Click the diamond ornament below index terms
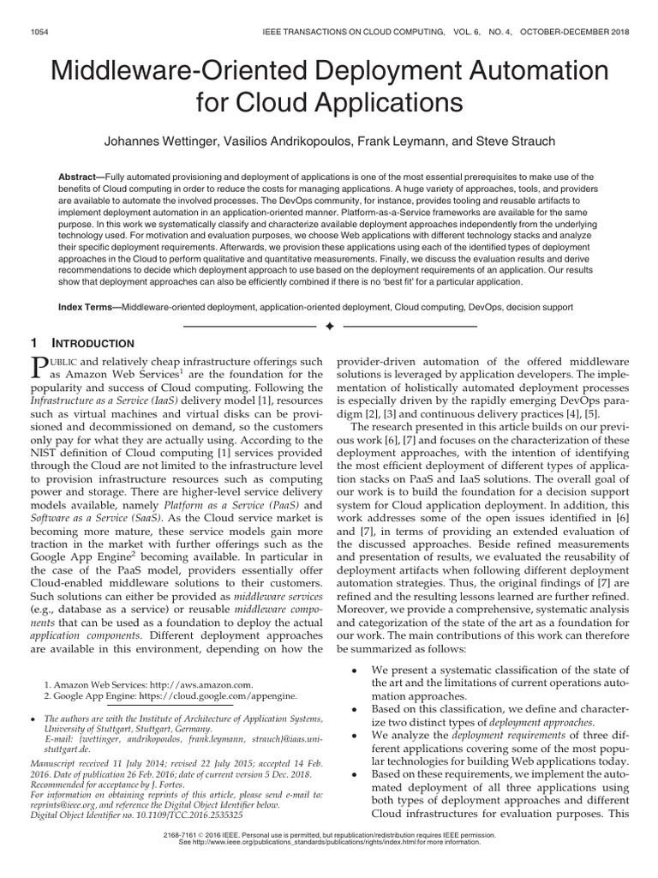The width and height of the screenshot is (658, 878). coord(329,327)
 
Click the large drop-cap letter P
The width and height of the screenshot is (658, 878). coord(39,369)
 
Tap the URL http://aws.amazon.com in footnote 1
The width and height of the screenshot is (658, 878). coord(201,685)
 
